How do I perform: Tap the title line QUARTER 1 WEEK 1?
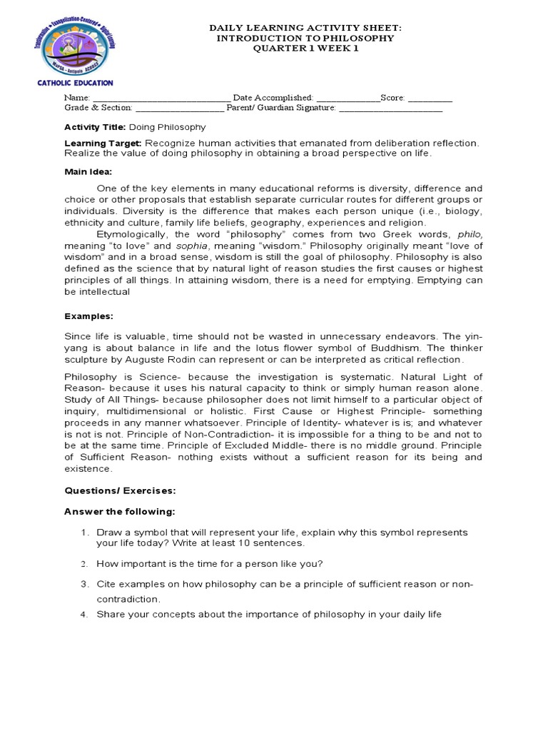pos(305,49)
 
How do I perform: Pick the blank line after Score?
pos(430,98)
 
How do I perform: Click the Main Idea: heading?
pos(88,171)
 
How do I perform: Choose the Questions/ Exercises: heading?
pos(120,491)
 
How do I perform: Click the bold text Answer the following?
pos(119,512)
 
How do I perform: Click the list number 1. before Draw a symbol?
pos(83,533)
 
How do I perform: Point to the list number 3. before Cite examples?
pos(83,585)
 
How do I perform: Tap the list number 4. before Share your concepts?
pos(83,615)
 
